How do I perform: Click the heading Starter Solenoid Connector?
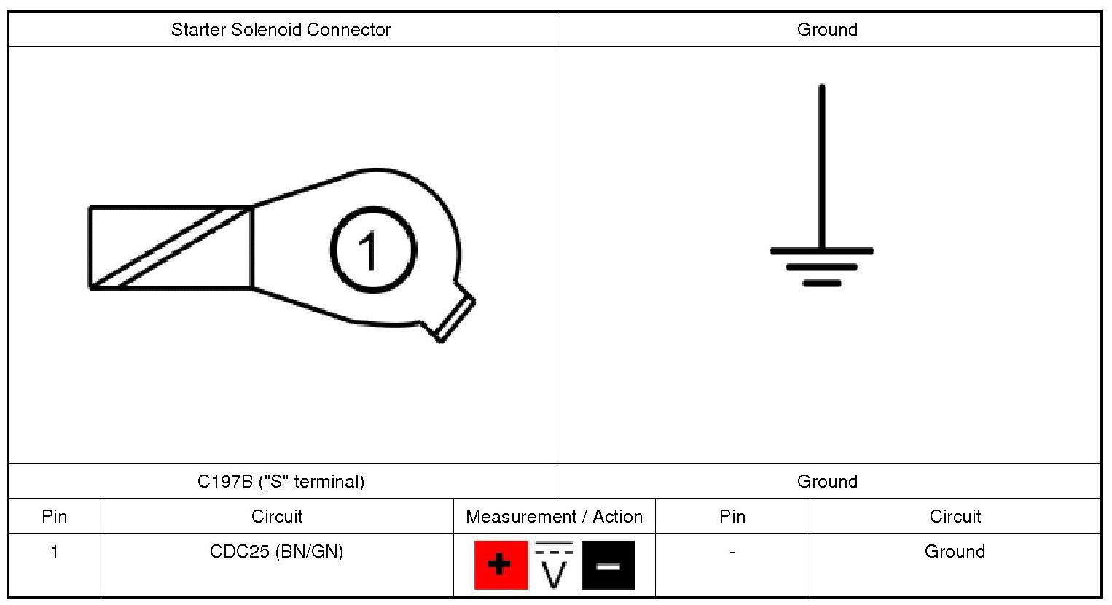pos(281,30)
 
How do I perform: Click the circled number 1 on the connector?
pos(373,249)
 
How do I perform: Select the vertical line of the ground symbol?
pos(822,168)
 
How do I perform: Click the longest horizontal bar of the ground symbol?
pos(822,251)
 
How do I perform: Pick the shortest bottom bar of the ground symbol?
pos(822,283)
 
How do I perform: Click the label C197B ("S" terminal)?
pos(281,482)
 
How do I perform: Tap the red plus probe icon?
pos(500,565)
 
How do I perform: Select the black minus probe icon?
pos(608,565)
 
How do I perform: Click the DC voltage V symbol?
pos(554,567)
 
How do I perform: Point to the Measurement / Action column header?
pos(554,517)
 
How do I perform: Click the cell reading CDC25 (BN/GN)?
pos(276,552)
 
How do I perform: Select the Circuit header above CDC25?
pos(276,517)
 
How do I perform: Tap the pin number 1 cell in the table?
pos(54,552)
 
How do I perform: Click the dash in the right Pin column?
pos(732,552)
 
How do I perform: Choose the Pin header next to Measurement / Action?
pos(732,517)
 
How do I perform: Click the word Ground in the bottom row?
pos(955,552)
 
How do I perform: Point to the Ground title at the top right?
pos(827,30)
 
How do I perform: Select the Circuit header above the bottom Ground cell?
pos(955,517)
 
